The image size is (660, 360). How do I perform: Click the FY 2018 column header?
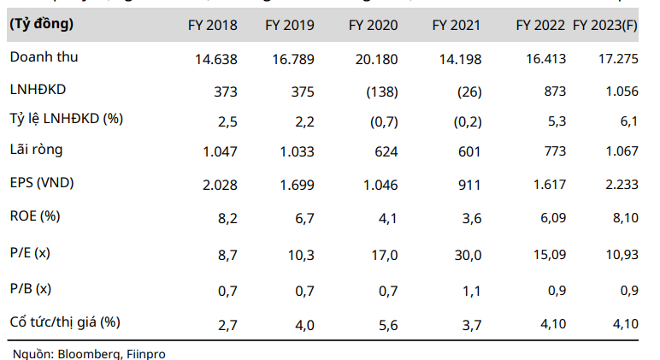coord(213,26)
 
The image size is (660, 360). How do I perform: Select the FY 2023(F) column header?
coord(605,26)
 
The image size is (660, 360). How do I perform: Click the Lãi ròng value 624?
coord(386,151)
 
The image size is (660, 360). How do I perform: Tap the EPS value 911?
coord(469,183)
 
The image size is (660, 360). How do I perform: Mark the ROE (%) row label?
coord(35,215)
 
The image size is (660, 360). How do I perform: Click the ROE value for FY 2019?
coord(303,217)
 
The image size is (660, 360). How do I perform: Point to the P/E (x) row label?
coord(33,254)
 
